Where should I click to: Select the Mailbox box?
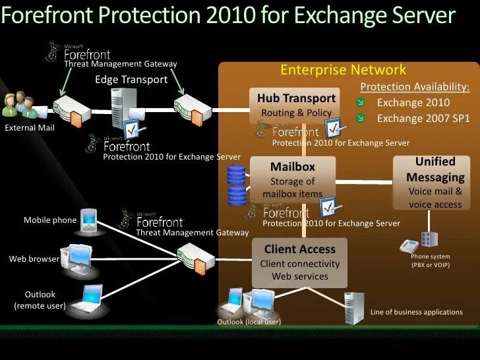293,179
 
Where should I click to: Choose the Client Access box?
300,262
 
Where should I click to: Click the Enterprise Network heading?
344,70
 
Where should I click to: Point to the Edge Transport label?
131,80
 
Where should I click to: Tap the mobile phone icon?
88,221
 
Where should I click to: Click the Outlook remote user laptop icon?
88,300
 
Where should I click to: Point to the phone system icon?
419,243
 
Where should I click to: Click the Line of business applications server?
353,307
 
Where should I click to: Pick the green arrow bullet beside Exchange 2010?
361,103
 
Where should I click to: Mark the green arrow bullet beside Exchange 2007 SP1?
361,119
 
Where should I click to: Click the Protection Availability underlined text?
415,87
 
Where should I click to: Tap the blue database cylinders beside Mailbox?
236,185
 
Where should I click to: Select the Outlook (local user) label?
249,322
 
